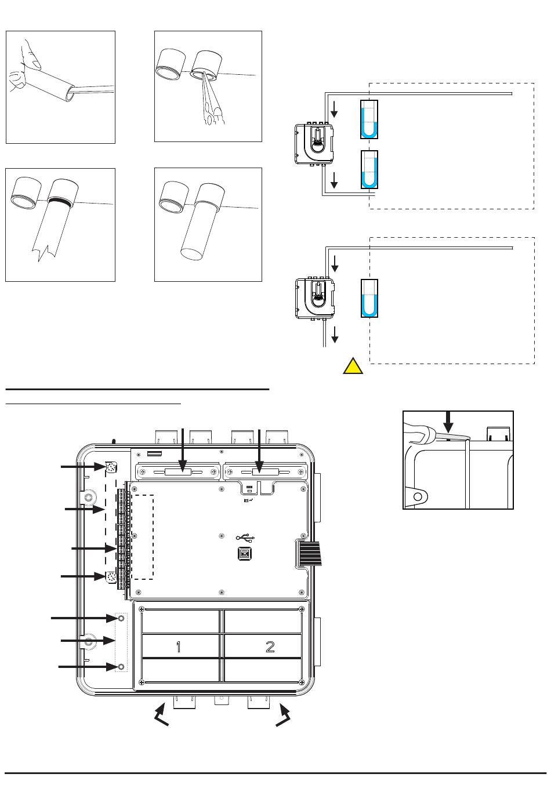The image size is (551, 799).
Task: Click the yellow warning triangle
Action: (353, 367)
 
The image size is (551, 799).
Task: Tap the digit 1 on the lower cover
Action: (179, 647)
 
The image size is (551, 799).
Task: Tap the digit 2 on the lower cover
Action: (270, 647)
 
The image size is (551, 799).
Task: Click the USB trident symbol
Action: (244, 538)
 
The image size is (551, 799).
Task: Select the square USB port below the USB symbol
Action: (244, 554)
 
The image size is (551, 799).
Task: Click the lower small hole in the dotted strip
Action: (121, 667)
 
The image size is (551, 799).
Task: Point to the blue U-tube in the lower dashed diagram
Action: (369, 299)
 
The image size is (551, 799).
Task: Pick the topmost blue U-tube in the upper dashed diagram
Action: (369, 120)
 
